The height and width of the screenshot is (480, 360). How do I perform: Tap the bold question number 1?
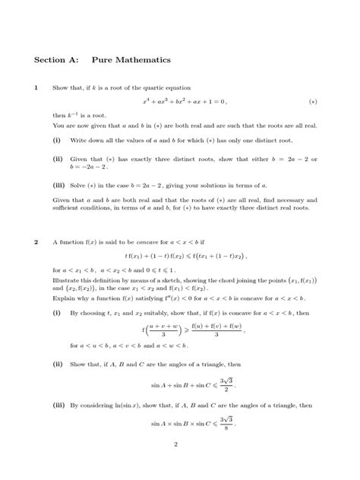[x=36, y=87]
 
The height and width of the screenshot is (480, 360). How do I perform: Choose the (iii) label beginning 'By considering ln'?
[x=58, y=406]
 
